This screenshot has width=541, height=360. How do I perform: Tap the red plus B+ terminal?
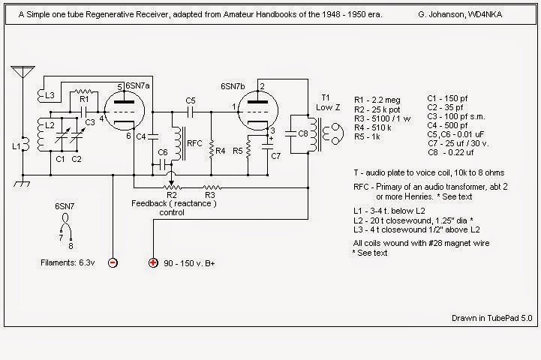[153, 263]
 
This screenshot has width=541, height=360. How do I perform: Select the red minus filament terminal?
[112, 263]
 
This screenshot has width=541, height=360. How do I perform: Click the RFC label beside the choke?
[194, 142]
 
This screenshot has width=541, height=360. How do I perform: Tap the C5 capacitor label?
[191, 100]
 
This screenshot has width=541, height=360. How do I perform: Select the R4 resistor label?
[221, 151]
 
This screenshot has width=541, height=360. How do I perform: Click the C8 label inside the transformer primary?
[302, 133]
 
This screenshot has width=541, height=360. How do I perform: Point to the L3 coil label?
[50, 96]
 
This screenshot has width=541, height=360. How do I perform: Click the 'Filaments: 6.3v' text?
[71, 262]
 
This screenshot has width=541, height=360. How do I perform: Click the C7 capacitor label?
[276, 156]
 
